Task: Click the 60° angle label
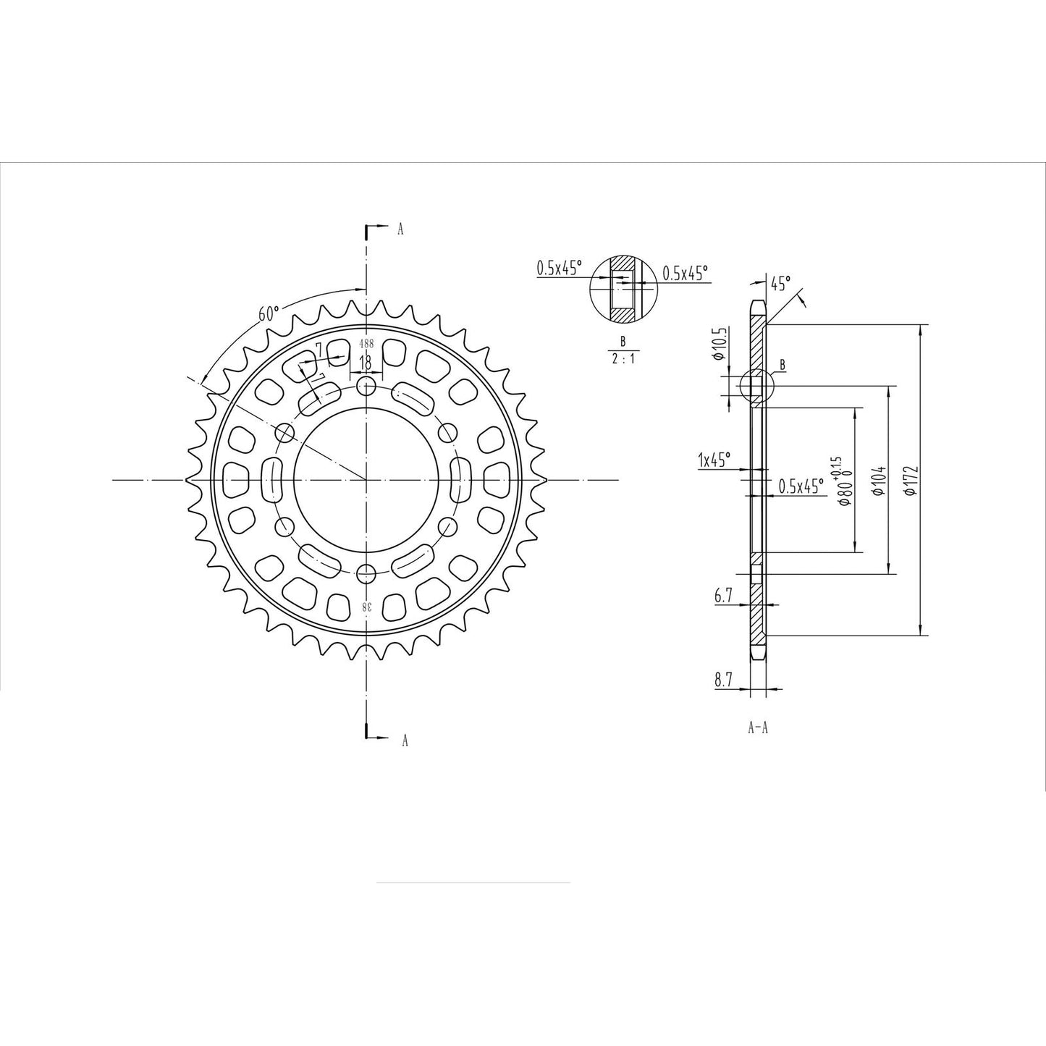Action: pyautogui.click(x=268, y=314)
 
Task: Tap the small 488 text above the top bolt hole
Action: pyautogui.click(x=367, y=345)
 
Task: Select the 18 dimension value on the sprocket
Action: pyautogui.click(x=366, y=362)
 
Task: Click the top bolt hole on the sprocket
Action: pyautogui.click(x=367, y=385)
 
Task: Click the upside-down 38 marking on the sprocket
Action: pyautogui.click(x=368, y=606)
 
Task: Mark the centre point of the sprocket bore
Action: pyautogui.click(x=367, y=479)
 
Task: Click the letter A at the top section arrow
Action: pyautogui.click(x=400, y=229)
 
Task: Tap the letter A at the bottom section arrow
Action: pyautogui.click(x=405, y=740)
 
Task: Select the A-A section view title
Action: pyautogui.click(x=757, y=728)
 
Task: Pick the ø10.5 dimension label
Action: pyautogui.click(x=718, y=344)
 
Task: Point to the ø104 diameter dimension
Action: pyautogui.click(x=878, y=481)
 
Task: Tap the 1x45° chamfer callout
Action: pyautogui.click(x=714, y=459)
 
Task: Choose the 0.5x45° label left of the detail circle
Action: pyautogui.click(x=559, y=268)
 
